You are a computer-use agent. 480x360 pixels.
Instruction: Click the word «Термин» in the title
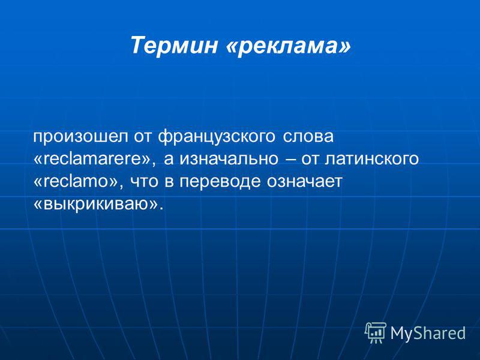click(174, 45)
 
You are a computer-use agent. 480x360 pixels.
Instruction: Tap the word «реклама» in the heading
click(288, 47)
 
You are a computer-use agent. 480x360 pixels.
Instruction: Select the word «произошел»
click(80, 137)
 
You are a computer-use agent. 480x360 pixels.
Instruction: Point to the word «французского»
click(217, 137)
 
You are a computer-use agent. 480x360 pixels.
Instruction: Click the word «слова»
click(308, 137)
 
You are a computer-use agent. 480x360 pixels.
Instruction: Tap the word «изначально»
click(229, 159)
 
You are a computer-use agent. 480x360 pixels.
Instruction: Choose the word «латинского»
click(371, 159)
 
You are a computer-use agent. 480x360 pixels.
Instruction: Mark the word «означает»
click(304, 182)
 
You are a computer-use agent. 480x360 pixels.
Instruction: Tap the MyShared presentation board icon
click(376, 332)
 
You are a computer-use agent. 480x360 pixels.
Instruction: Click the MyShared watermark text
click(428, 332)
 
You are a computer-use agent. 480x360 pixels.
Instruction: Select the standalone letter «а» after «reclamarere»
click(169, 159)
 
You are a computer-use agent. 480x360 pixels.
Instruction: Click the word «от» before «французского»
click(142, 137)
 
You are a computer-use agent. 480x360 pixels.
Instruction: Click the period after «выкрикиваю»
click(161, 209)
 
